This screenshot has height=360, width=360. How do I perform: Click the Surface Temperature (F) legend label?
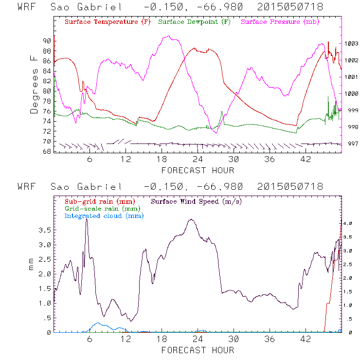108,22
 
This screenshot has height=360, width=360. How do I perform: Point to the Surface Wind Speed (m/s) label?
197,201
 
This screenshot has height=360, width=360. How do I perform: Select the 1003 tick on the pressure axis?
351,44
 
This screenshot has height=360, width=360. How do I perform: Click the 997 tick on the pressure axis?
351,144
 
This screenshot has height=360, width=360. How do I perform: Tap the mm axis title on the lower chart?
33,267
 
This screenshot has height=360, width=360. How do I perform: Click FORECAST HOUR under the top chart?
198,170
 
